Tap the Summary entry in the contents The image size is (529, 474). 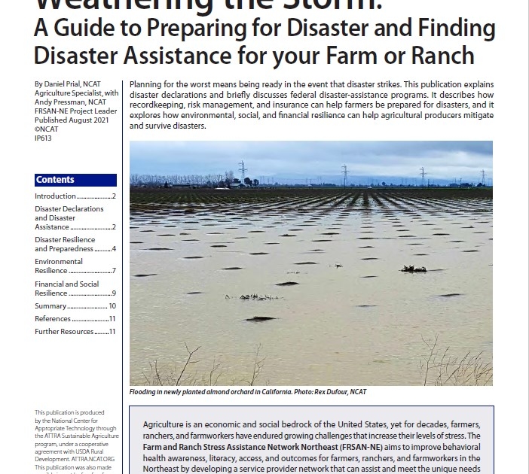[50, 306]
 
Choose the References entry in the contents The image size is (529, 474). [53, 319]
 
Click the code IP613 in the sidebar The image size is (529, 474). [44, 138]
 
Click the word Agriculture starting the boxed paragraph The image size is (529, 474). [167, 425]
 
